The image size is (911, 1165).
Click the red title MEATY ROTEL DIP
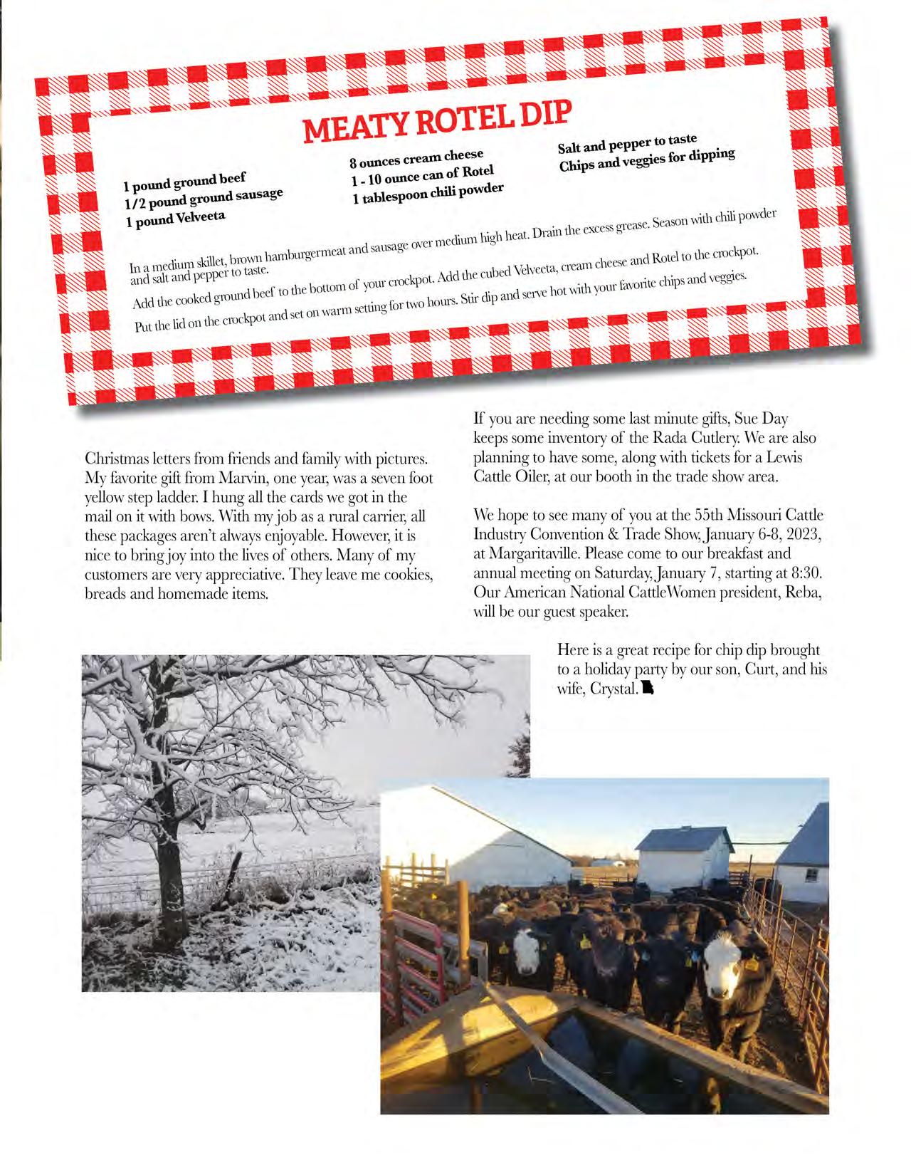[x=438, y=122]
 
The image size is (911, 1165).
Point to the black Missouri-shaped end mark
[x=647, y=689]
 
